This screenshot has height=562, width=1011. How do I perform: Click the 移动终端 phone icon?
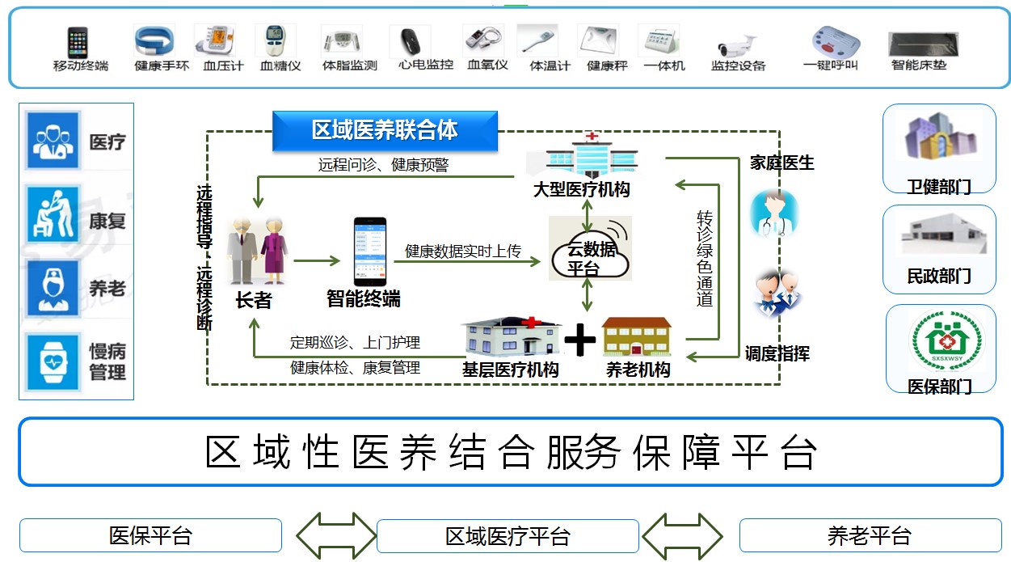78,41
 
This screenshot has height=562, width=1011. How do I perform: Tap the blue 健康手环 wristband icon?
156,40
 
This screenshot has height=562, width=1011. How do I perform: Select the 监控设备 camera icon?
737,44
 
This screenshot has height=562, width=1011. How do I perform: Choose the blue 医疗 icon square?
53,141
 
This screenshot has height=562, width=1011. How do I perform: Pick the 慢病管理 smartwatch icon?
53,361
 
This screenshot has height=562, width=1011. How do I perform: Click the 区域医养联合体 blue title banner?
385,130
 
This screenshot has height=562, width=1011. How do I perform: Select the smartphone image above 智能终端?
363,251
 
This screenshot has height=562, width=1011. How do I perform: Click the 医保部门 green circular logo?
940,342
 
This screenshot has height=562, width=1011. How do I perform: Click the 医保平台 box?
150,535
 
